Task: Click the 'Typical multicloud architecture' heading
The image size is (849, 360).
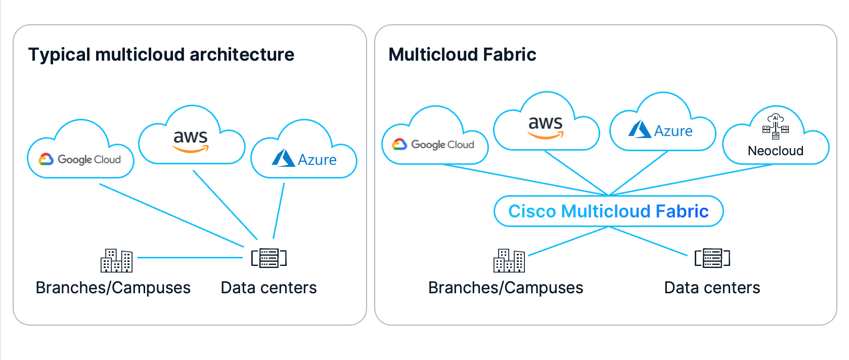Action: pos(161,55)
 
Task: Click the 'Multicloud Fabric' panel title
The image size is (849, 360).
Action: pos(462,55)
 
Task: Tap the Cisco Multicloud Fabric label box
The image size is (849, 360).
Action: pos(608,211)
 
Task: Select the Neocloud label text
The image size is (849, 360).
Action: pos(776,151)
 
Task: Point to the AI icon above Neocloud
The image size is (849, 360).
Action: pos(776,126)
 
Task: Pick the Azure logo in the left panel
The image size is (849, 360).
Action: pos(304,158)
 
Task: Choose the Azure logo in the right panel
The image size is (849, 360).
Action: pos(660,129)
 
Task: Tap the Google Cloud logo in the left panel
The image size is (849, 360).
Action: pos(79,160)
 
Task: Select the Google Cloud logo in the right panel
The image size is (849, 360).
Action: pos(433,145)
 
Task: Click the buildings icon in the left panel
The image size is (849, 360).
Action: pos(116,260)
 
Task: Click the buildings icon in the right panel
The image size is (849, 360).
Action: pos(509,260)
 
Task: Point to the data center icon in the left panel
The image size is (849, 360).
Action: pos(269,258)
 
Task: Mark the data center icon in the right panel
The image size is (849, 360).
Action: pos(712,258)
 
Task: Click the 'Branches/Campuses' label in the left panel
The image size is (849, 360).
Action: pos(113,288)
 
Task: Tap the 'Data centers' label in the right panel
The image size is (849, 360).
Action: pos(712,288)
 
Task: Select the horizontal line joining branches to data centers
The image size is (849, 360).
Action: pos(190,258)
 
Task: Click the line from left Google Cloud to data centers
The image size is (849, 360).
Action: pos(171,215)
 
